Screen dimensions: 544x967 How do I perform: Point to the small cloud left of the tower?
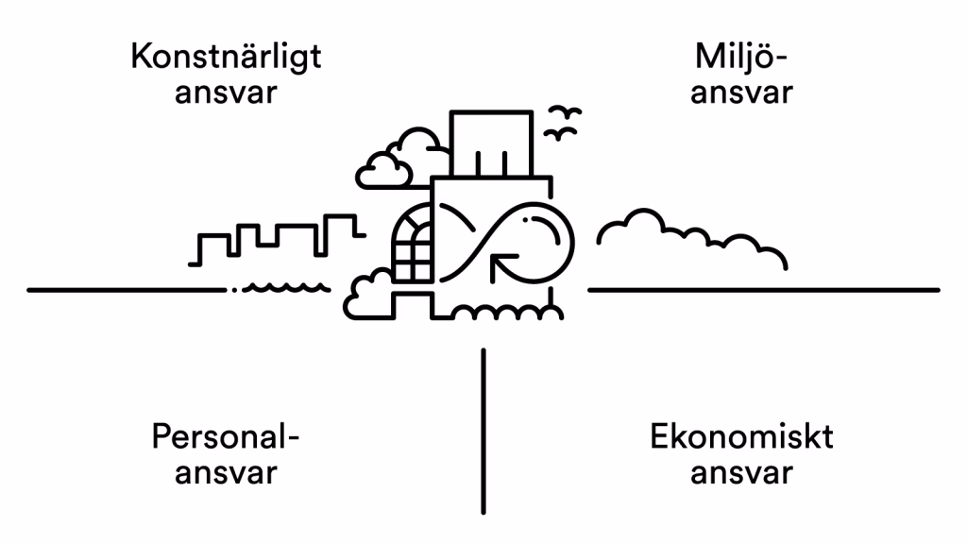pyautogui.click(x=382, y=169)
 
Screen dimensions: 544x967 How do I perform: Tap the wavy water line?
pyautogui.click(x=283, y=286)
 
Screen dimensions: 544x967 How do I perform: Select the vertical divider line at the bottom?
pyautogui.click(x=483, y=430)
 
